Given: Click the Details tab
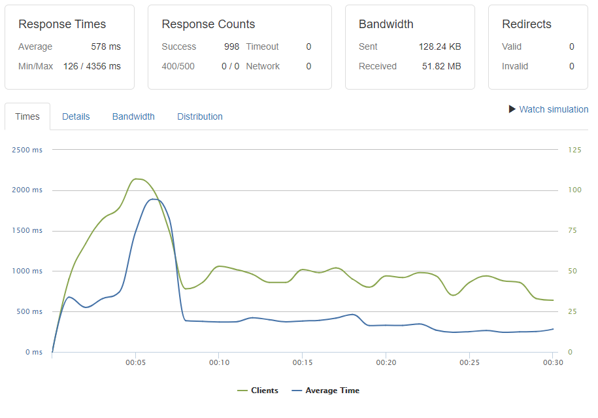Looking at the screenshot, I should [76, 116].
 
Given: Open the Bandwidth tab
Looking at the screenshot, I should [133, 116].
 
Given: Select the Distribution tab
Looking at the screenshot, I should [200, 116].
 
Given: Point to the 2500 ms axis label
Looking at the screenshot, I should [27, 150].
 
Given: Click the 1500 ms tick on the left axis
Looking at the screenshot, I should [27, 231].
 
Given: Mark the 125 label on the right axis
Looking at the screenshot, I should [574, 150].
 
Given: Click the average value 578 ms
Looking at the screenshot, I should [106, 46].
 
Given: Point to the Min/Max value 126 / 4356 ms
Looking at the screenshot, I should [92, 66].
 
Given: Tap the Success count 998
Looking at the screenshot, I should [231, 46].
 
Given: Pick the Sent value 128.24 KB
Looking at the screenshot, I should [440, 46].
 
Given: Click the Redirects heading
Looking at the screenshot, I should [527, 24].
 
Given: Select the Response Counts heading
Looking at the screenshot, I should [208, 24].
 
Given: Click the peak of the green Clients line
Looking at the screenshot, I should [137, 179].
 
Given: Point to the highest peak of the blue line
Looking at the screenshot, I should [154, 199].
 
